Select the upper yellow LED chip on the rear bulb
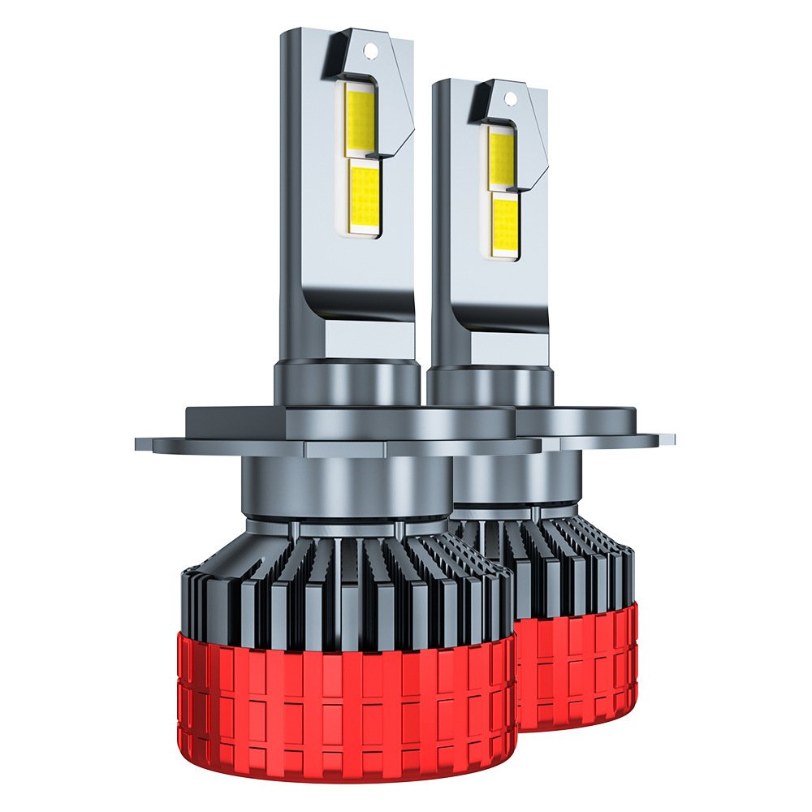501,156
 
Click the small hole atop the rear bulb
510,99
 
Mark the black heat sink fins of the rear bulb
568,560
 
